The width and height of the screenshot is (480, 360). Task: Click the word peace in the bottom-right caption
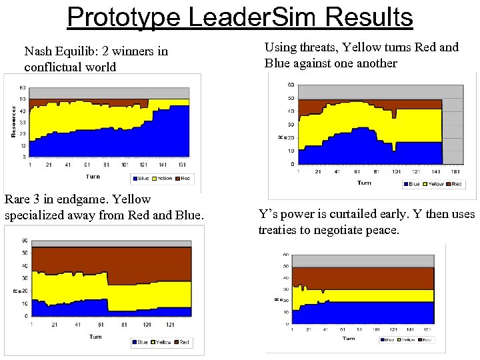[382, 230]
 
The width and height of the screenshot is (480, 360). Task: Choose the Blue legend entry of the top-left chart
[142, 179]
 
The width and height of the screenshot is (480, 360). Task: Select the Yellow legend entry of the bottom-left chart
[163, 342]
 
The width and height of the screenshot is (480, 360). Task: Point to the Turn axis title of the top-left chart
[93, 177]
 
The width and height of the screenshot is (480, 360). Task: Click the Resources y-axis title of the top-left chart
[13, 121]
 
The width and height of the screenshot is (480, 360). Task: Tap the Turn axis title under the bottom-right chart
[349, 338]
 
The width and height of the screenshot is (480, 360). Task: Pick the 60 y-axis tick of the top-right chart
[291, 85]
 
